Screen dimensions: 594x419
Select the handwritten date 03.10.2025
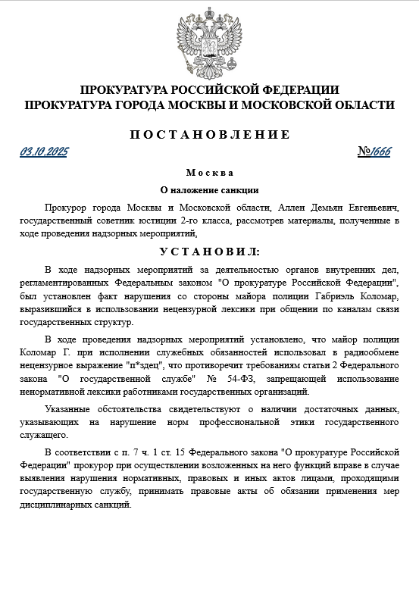click(x=44, y=152)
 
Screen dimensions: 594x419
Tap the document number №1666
click(x=374, y=152)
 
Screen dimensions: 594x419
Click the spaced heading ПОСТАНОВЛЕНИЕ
click(x=209, y=135)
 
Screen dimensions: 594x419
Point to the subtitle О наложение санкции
click(x=209, y=190)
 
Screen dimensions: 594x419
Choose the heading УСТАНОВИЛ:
click(x=209, y=251)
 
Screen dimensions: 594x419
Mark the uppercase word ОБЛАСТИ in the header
click(x=357, y=104)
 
